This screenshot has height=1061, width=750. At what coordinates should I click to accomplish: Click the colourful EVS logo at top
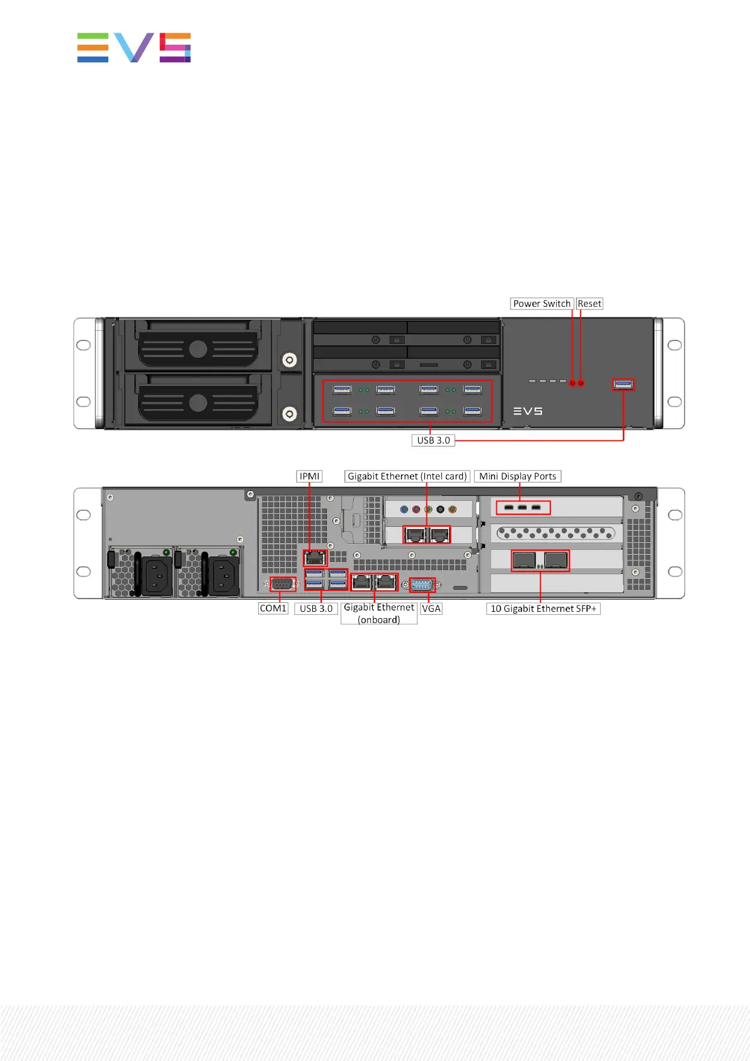pyautogui.click(x=134, y=48)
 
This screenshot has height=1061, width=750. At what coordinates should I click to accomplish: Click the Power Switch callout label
pyautogui.click(x=542, y=304)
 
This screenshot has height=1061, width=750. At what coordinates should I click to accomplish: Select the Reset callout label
pyautogui.click(x=589, y=304)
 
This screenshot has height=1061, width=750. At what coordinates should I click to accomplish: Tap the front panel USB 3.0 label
pyautogui.click(x=433, y=440)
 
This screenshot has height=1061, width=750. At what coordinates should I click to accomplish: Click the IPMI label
pyautogui.click(x=309, y=476)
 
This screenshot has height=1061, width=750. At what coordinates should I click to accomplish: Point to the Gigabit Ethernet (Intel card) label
pyautogui.click(x=407, y=476)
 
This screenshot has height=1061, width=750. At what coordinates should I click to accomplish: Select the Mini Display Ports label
pyautogui.click(x=518, y=476)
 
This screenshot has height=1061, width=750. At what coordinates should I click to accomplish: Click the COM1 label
pyautogui.click(x=273, y=609)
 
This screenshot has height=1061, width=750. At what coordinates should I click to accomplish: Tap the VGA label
pyautogui.click(x=431, y=609)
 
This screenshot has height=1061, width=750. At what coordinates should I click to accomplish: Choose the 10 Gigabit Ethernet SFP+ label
pyautogui.click(x=543, y=609)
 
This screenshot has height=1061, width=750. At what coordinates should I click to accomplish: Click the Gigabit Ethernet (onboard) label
pyautogui.click(x=378, y=613)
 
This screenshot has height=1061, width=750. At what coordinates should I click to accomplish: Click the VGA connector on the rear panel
pyautogui.click(x=422, y=585)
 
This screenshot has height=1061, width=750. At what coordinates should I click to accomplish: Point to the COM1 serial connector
pyautogui.click(x=283, y=584)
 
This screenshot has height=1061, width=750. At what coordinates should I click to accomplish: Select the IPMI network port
pyautogui.click(x=315, y=558)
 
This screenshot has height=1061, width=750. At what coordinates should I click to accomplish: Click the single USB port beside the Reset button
pyautogui.click(x=623, y=384)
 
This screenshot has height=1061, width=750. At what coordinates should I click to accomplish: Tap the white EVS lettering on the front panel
pyautogui.click(x=528, y=411)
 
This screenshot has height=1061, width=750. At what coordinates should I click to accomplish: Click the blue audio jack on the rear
pyautogui.click(x=404, y=509)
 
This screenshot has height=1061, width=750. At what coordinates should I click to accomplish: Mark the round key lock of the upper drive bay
pyautogui.click(x=289, y=360)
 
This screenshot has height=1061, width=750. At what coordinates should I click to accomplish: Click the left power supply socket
pyautogui.click(x=156, y=575)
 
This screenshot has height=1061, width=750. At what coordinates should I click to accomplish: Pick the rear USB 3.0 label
pyautogui.click(x=315, y=609)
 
